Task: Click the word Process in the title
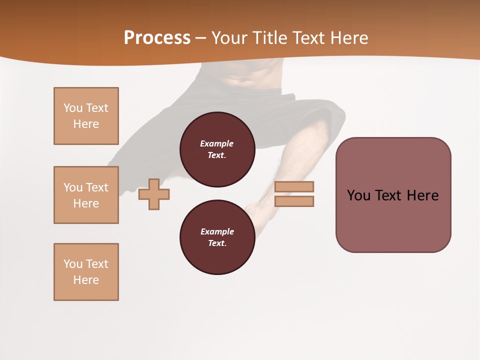click(157, 38)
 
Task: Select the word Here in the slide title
click(348, 38)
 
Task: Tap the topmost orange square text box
click(86, 116)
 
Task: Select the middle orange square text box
click(86, 195)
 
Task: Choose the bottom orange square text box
click(86, 272)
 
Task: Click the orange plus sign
click(154, 194)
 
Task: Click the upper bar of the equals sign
click(294, 186)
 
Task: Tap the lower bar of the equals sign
click(294, 201)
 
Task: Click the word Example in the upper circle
click(217, 143)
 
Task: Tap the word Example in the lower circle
click(217, 231)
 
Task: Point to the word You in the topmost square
click(73, 108)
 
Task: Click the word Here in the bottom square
click(86, 280)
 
